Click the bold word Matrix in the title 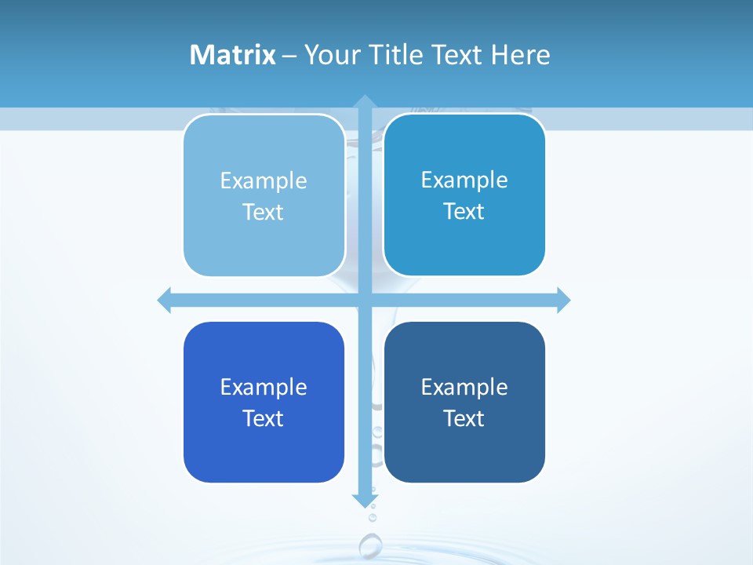[x=232, y=55]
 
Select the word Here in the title [x=521, y=55]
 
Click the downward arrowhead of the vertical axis [x=364, y=500]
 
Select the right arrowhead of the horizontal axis [x=563, y=300]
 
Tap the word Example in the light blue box [x=264, y=180]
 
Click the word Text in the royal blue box [x=264, y=418]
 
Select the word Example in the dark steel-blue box [x=464, y=387]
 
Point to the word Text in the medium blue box [x=464, y=211]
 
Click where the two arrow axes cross [x=364, y=300]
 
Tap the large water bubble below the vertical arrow [x=370, y=545]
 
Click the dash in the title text [x=289, y=56]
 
